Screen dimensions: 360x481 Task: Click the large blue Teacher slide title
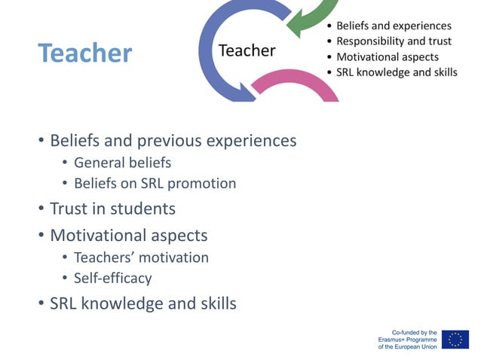[85, 53]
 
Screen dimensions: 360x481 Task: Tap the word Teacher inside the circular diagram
[247, 50]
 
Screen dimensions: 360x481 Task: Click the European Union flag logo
[455, 339]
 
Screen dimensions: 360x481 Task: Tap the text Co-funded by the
[414, 332]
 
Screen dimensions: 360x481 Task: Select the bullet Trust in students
[112, 209]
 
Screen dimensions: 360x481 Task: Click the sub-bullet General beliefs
[122, 163]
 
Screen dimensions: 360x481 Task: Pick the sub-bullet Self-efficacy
[112, 278]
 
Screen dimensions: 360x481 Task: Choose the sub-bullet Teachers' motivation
[141, 258]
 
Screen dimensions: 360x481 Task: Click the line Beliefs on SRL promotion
[155, 184]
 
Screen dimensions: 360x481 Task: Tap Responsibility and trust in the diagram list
[394, 41]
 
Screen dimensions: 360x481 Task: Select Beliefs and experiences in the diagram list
[394, 26]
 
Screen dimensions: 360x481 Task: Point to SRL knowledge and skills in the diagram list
[397, 73]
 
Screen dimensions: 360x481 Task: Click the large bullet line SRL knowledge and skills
[142, 304]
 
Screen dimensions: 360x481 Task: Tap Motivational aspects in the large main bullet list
[128, 235]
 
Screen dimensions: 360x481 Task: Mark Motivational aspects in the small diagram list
[387, 57]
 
